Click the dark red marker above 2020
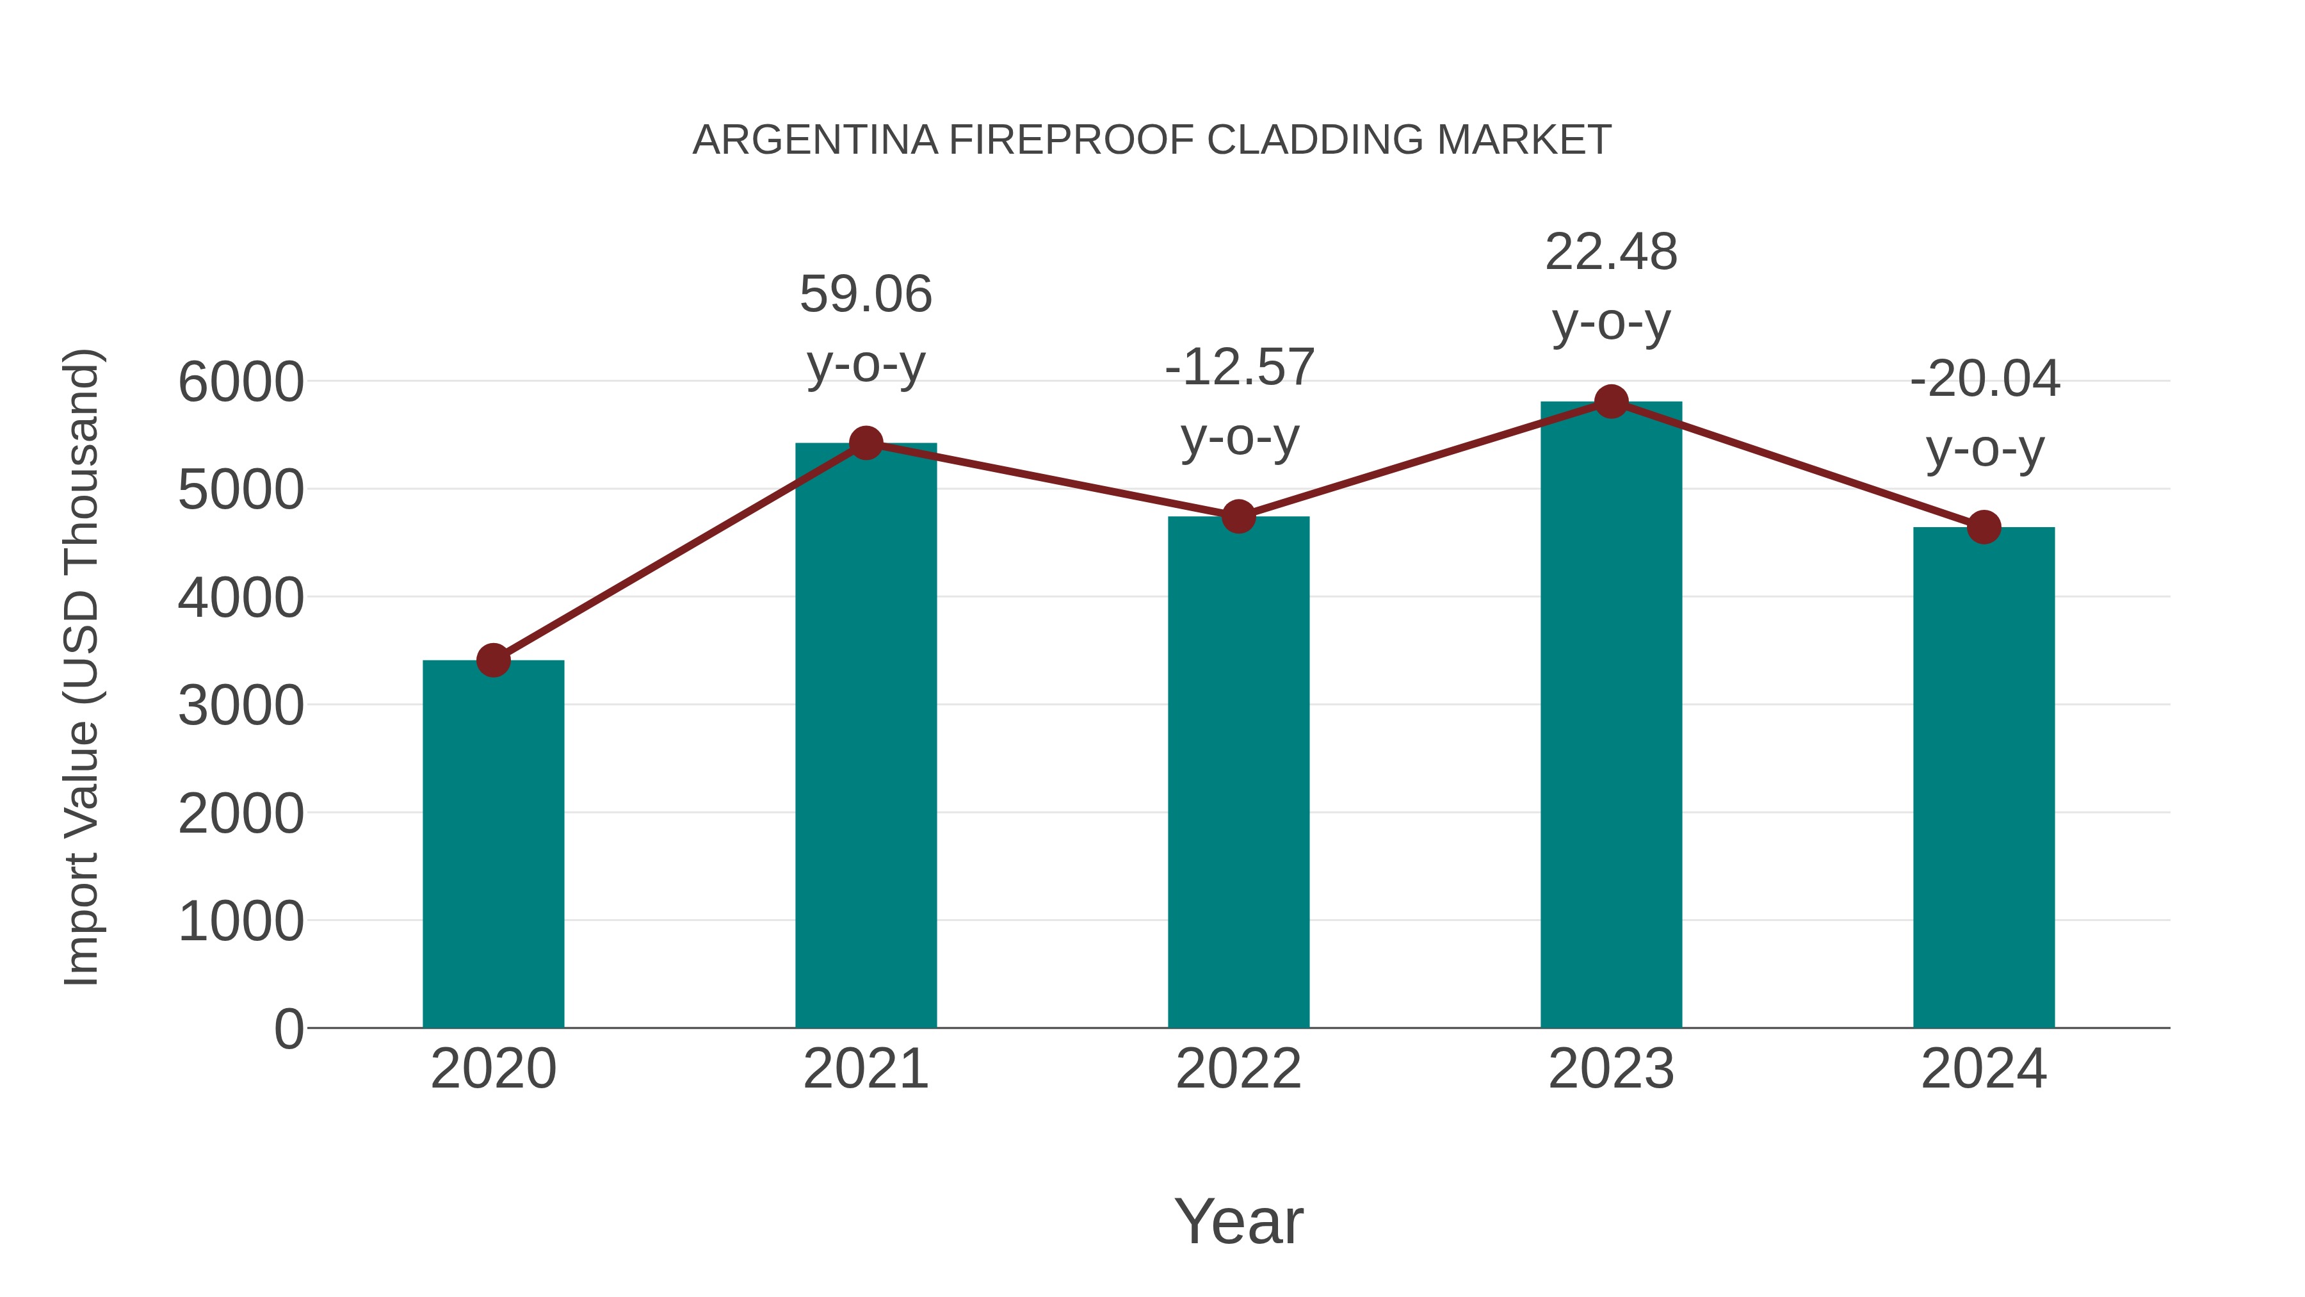pos(493,660)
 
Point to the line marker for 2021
pos(865,443)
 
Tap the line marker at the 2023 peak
pos(1611,402)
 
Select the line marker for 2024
pos(1984,527)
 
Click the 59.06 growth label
pos(865,295)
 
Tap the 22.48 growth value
pos(1611,252)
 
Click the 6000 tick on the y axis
pos(241,382)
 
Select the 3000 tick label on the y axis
pos(241,706)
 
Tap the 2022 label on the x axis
pos(1238,1069)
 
